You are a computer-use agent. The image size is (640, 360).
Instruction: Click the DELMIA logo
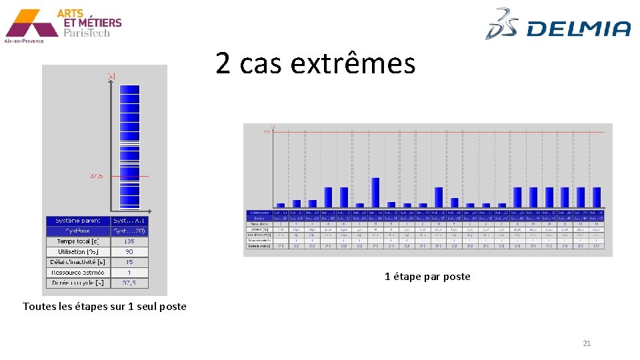(558, 25)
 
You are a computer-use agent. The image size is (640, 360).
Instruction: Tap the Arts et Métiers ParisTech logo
(63, 23)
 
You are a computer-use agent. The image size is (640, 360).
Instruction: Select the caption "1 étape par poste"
(427, 277)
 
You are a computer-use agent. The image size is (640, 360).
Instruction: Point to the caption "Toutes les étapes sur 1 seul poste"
(105, 307)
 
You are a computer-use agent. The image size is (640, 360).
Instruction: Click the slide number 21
(587, 343)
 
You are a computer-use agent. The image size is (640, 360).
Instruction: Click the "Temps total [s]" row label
(77, 241)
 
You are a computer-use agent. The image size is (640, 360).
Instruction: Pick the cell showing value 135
(129, 241)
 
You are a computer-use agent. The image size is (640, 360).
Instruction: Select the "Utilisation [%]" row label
(77, 252)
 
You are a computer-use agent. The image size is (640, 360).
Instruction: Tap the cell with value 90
(129, 252)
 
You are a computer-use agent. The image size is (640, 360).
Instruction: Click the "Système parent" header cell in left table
(77, 221)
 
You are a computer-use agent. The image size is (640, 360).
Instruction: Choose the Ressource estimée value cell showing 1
(129, 273)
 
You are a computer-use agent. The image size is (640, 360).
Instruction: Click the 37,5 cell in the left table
(129, 283)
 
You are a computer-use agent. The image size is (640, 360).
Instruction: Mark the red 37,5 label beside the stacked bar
(97, 176)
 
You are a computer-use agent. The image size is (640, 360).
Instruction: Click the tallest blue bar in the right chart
(375, 192)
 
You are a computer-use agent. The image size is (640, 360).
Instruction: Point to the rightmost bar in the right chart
(597, 197)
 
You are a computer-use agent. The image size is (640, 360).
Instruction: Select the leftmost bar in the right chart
(281, 205)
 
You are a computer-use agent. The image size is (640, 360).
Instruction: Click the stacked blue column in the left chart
(129, 147)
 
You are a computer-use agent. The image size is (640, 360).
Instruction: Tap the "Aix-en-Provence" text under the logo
(24, 41)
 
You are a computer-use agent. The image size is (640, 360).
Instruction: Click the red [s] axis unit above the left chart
(111, 76)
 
